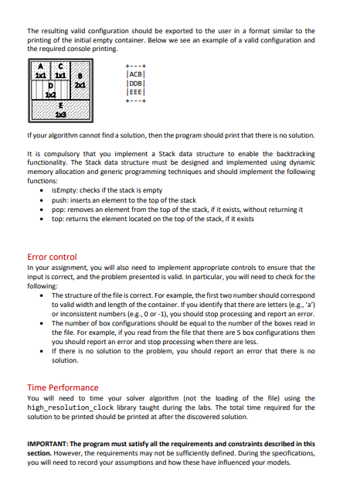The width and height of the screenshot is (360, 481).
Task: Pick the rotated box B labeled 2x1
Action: (78, 84)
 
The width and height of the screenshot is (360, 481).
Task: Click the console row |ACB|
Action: (135, 76)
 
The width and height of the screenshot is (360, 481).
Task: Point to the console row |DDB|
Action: (135, 84)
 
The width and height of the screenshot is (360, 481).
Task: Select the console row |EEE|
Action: (135, 91)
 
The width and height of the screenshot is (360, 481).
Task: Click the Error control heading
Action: (52, 255)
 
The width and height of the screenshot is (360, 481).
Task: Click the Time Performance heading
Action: (63, 387)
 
